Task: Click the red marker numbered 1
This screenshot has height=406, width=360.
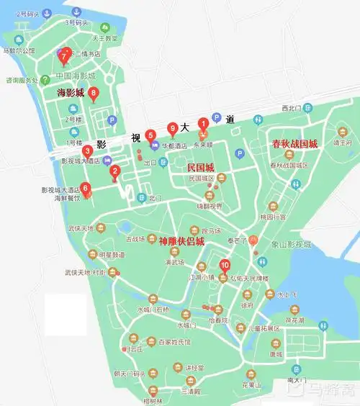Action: [x=203, y=123]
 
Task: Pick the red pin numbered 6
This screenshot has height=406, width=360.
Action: [x=86, y=189]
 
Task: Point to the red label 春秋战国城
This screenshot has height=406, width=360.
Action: [x=294, y=143]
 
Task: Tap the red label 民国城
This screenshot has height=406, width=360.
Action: [x=202, y=166]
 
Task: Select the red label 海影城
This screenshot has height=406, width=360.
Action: [x=71, y=93]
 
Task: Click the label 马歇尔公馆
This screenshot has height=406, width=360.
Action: [x=19, y=51]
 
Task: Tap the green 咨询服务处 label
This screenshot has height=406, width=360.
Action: [x=21, y=80]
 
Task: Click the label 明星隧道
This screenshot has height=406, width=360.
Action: [x=112, y=254]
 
